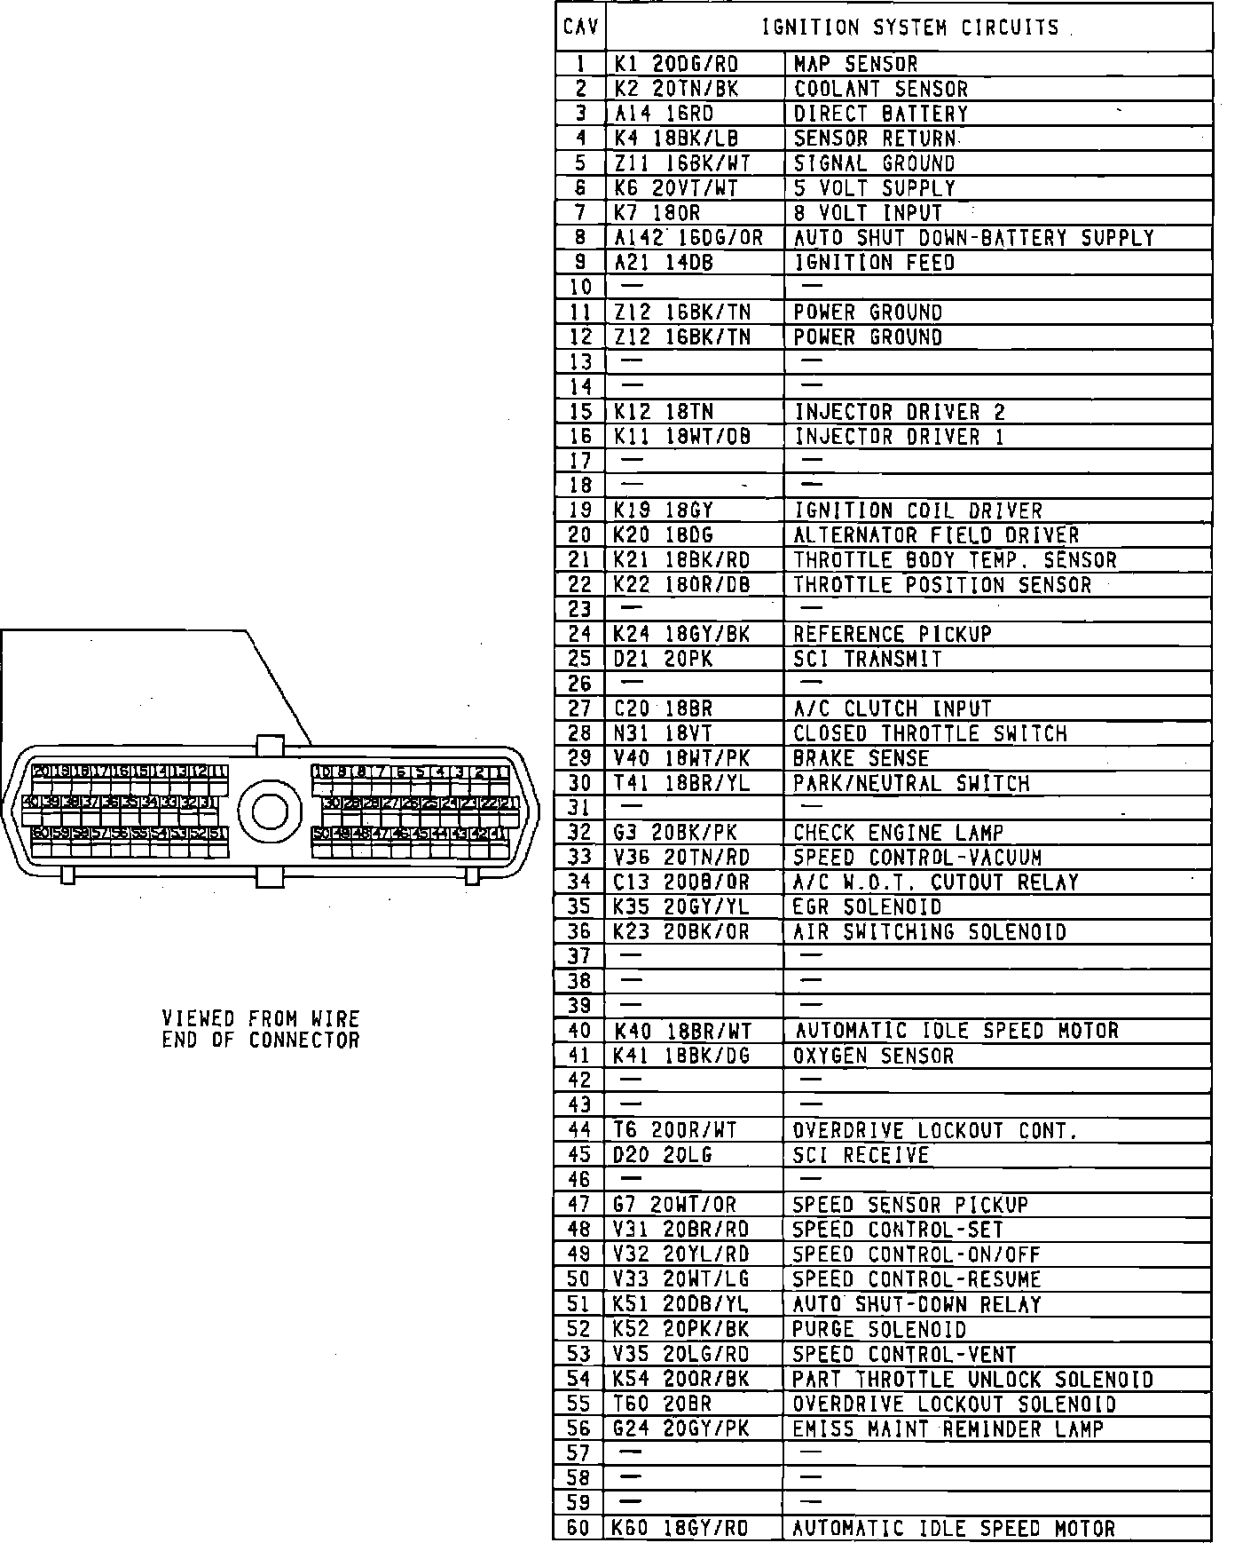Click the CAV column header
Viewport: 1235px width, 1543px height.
click(580, 28)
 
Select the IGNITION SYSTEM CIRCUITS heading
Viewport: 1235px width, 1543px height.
click(910, 28)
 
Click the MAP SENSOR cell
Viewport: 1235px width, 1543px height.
click(855, 64)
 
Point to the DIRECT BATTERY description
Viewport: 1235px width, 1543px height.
click(880, 114)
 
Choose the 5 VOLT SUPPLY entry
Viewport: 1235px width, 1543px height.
click(874, 188)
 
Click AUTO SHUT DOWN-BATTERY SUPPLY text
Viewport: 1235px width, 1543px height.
click(973, 238)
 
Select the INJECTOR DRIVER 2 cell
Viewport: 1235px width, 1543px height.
click(899, 412)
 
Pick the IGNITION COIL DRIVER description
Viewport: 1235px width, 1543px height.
click(917, 510)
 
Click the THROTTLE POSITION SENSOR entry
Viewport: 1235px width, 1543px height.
click(942, 585)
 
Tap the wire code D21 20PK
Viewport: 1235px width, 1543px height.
click(663, 659)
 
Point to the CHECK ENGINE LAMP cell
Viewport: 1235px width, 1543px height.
click(898, 833)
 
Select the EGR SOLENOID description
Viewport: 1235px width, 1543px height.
click(867, 907)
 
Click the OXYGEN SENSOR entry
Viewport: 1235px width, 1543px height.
click(873, 1056)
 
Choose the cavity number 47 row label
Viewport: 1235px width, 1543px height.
click(579, 1205)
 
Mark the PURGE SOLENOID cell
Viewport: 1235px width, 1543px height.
click(878, 1329)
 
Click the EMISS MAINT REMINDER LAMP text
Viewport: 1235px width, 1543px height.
click(948, 1428)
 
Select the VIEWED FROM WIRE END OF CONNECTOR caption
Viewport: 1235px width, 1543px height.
click(261, 1029)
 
